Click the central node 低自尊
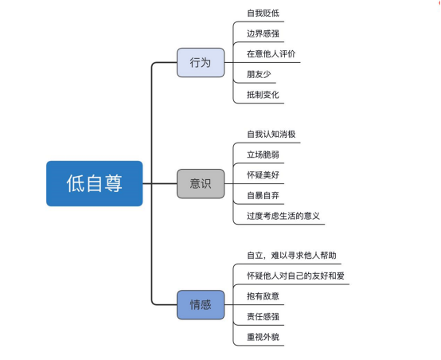point(94,183)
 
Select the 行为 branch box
point(201,62)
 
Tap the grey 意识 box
point(201,183)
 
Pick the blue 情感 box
point(201,305)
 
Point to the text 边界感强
point(263,34)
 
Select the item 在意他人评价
point(272,54)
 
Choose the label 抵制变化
point(263,95)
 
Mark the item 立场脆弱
point(263,155)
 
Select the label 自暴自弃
point(263,195)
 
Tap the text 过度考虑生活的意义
point(284,216)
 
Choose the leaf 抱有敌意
point(263,296)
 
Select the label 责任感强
point(263,316)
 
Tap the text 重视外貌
point(263,337)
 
